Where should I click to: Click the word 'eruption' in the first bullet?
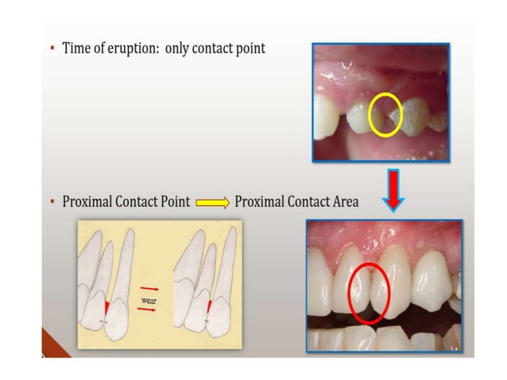pyautogui.click(x=138, y=49)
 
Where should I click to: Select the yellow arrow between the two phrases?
pyautogui.click(x=212, y=203)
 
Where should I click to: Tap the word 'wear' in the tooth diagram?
pyautogui.click(x=148, y=301)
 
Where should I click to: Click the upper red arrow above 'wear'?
pyautogui.click(x=148, y=289)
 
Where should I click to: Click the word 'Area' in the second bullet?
pyautogui.click(x=343, y=202)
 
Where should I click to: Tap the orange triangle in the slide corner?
pyautogui.click(x=54, y=348)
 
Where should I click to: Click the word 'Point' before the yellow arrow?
pyautogui.click(x=174, y=202)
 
